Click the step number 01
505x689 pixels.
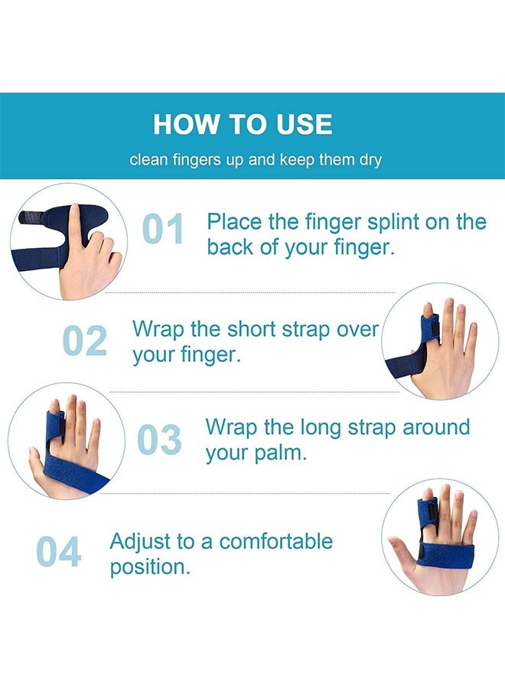pyautogui.click(x=163, y=228)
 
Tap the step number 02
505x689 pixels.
pyautogui.click(x=85, y=341)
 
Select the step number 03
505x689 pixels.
pyautogui.click(x=159, y=439)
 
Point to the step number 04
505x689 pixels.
pyautogui.click(x=58, y=552)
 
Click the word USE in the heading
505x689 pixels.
pyautogui.click(x=304, y=124)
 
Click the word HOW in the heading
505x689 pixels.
pyautogui.click(x=185, y=124)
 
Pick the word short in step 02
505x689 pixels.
pyautogui.click(x=252, y=329)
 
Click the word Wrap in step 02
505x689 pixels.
pyautogui.click(x=158, y=329)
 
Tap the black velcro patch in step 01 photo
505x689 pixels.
pyautogui.click(x=31, y=217)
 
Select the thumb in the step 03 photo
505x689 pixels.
pyautogui.click(x=37, y=465)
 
